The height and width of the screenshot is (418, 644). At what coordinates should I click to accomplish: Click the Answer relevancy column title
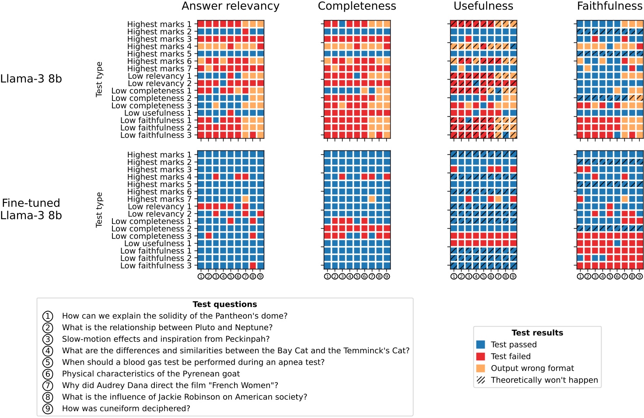pyautogui.click(x=231, y=6)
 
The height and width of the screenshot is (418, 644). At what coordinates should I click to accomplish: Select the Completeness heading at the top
pyautogui.click(x=357, y=6)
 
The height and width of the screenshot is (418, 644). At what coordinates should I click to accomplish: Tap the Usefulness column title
pyautogui.click(x=483, y=6)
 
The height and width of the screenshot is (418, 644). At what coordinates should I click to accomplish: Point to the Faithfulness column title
pyautogui.click(x=610, y=6)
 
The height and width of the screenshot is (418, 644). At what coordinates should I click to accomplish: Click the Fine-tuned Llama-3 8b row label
pyautogui.click(x=31, y=209)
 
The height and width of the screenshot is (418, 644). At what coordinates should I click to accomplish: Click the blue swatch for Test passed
pyautogui.click(x=480, y=345)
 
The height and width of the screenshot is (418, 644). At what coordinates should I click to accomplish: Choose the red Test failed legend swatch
pyautogui.click(x=480, y=356)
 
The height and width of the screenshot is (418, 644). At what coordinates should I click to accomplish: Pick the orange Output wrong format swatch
pyautogui.click(x=480, y=368)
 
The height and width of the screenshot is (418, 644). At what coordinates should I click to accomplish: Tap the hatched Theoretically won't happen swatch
pyautogui.click(x=480, y=380)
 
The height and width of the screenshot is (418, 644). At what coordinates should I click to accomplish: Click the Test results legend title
pyautogui.click(x=537, y=333)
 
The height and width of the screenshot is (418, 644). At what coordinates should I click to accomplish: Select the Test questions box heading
pyautogui.click(x=225, y=304)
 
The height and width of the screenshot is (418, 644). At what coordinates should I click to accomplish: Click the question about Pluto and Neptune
pyautogui.click(x=167, y=327)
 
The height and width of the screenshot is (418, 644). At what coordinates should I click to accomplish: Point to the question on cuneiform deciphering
pyautogui.click(x=126, y=408)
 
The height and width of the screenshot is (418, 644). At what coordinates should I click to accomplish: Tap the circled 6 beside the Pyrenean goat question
pyautogui.click(x=48, y=374)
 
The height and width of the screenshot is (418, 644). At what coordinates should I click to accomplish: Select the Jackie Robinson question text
pyautogui.click(x=185, y=397)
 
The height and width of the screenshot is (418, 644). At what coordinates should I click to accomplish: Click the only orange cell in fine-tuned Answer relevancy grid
pyautogui.click(x=245, y=199)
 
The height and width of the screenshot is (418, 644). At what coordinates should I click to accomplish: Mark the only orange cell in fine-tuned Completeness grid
pyautogui.click(x=372, y=199)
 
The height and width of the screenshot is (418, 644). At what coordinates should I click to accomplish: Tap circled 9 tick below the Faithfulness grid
pyautogui.click(x=640, y=276)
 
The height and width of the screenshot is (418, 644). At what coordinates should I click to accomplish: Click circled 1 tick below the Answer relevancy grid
pyautogui.click(x=201, y=276)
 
